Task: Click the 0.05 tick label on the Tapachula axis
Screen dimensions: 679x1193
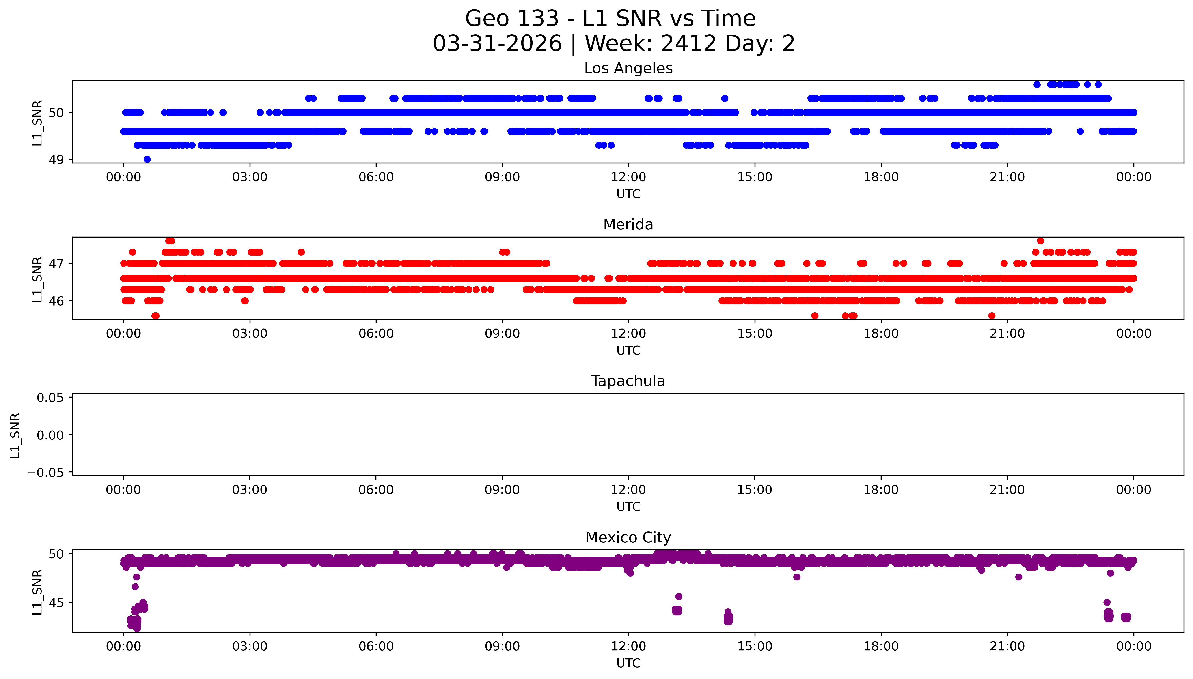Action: coord(50,398)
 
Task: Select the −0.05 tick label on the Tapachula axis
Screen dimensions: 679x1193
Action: coord(45,473)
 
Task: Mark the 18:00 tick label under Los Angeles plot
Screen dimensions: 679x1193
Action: coord(881,177)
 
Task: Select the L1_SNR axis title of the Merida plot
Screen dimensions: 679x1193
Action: coord(37,279)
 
